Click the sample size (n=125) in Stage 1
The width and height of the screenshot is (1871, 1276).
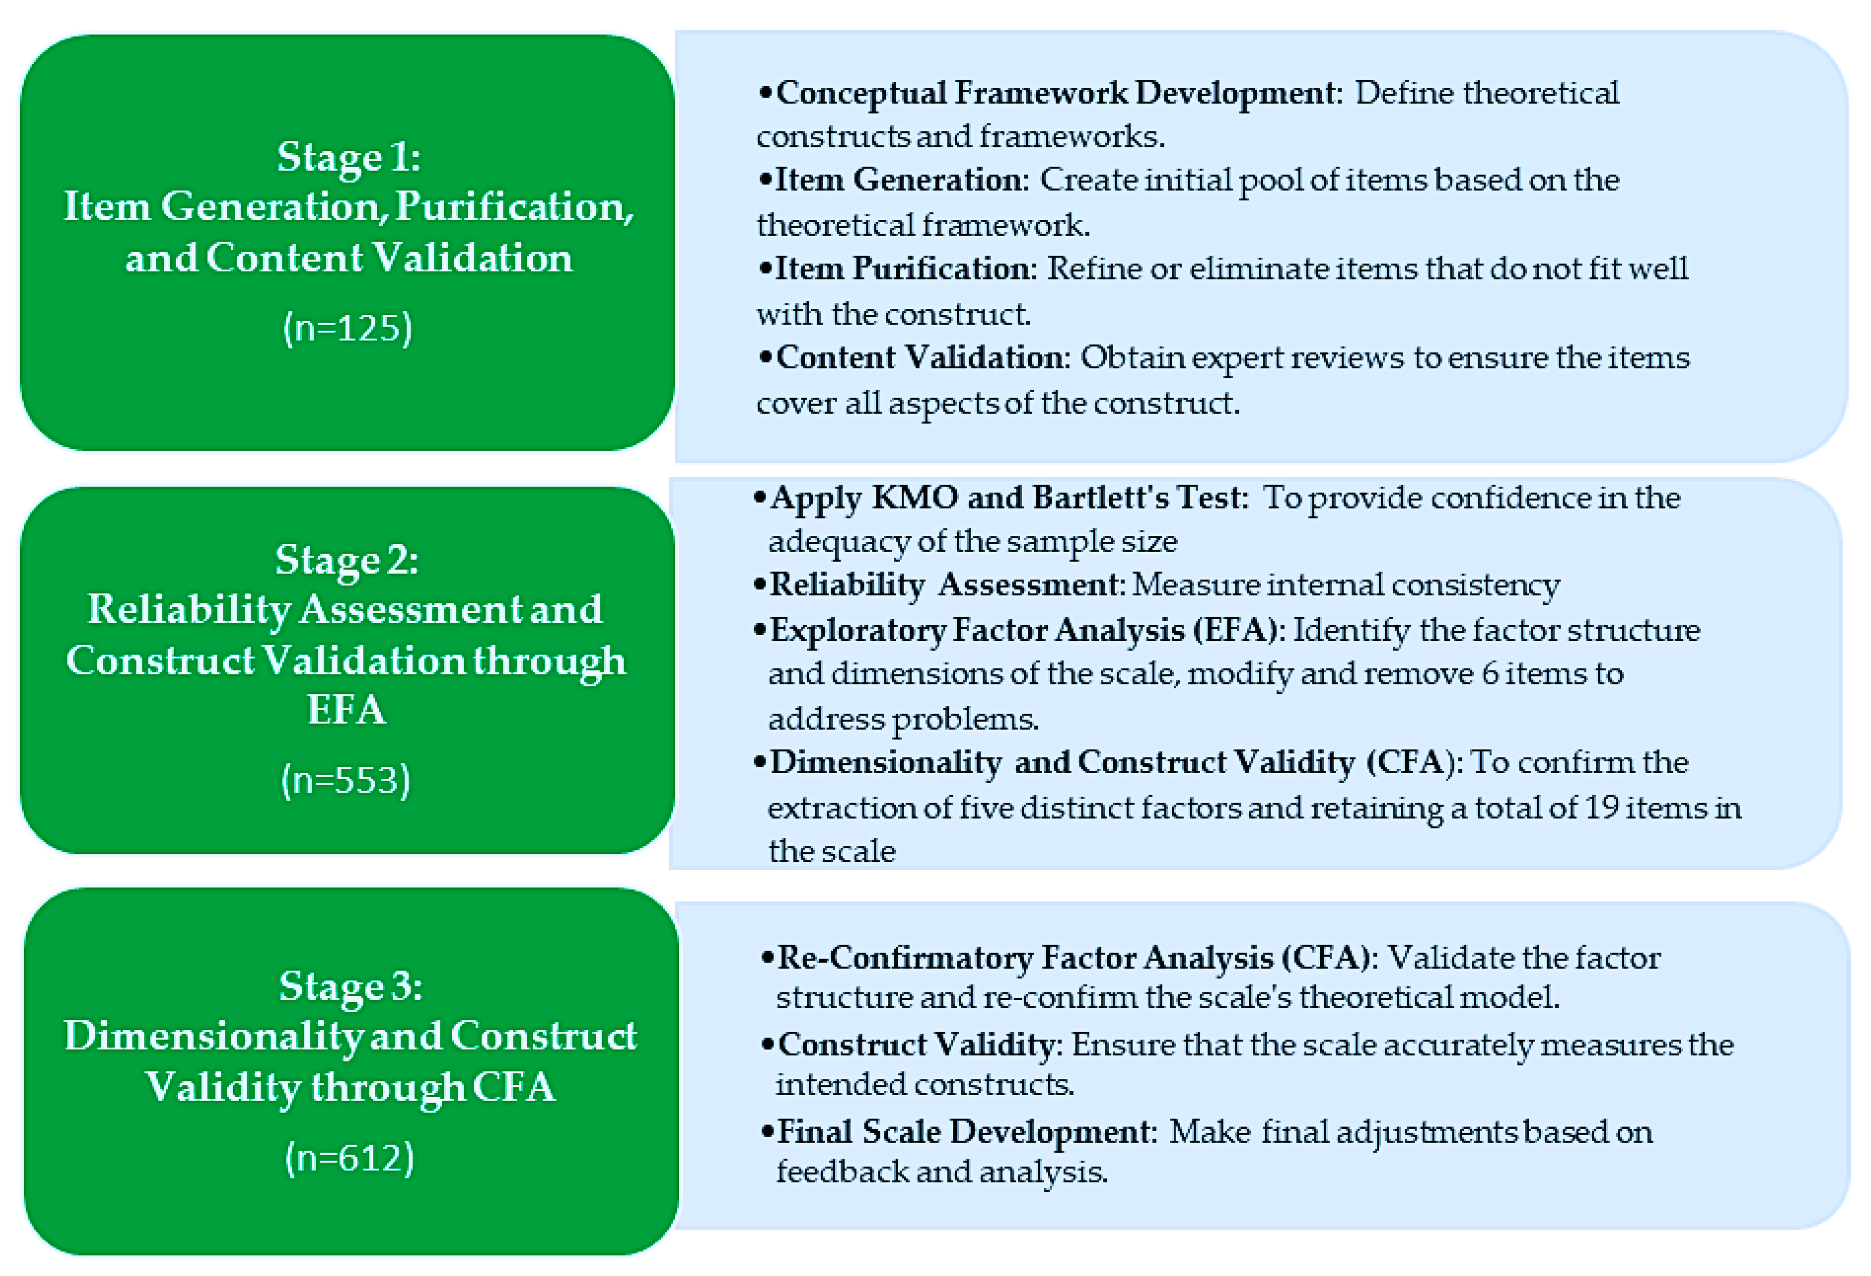tap(348, 328)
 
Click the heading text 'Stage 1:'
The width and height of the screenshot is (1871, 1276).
tap(348, 157)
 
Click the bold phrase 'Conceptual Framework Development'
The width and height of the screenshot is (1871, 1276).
tap(1055, 93)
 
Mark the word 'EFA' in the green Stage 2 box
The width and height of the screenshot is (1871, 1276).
tap(346, 710)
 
